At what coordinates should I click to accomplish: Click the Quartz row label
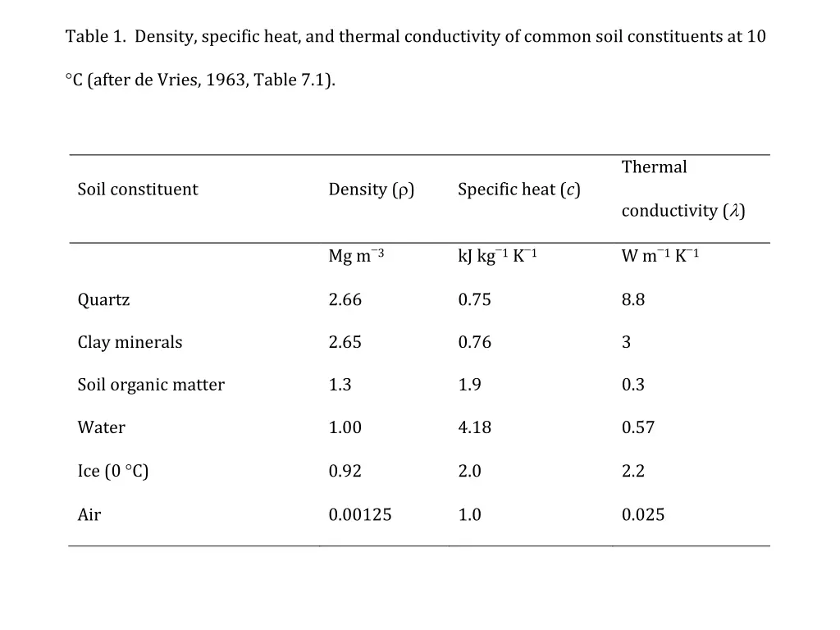[x=103, y=300]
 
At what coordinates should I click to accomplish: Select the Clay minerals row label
[x=130, y=343]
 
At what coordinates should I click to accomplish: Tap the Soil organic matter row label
[x=151, y=386]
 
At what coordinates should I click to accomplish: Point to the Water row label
[x=101, y=428]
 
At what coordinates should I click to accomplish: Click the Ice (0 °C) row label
[x=112, y=472]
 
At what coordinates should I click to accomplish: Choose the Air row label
[x=89, y=515]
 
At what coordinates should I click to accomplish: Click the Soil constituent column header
[x=137, y=189]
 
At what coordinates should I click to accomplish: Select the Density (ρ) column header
[x=371, y=189]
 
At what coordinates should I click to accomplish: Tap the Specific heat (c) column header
[x=518, y=189]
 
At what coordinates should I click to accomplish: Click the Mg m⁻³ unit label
[x=356, y=256]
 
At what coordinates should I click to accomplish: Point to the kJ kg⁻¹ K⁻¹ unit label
[x=497, y=256]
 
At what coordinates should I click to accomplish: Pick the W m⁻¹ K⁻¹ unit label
[x=660, y=256]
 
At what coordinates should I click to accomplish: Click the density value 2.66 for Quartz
[x=345, y=300]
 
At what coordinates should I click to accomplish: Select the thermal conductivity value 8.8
[x=632, y=300]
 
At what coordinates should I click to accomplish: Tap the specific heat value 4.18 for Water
[x=474, y=428]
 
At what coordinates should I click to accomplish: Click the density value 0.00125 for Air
[x=359, y=515]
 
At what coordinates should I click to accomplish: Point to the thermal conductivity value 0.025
[x=642, y=515]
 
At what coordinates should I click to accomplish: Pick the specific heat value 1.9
[x=469, y=386]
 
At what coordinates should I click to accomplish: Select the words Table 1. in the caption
[x=96, y=37]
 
